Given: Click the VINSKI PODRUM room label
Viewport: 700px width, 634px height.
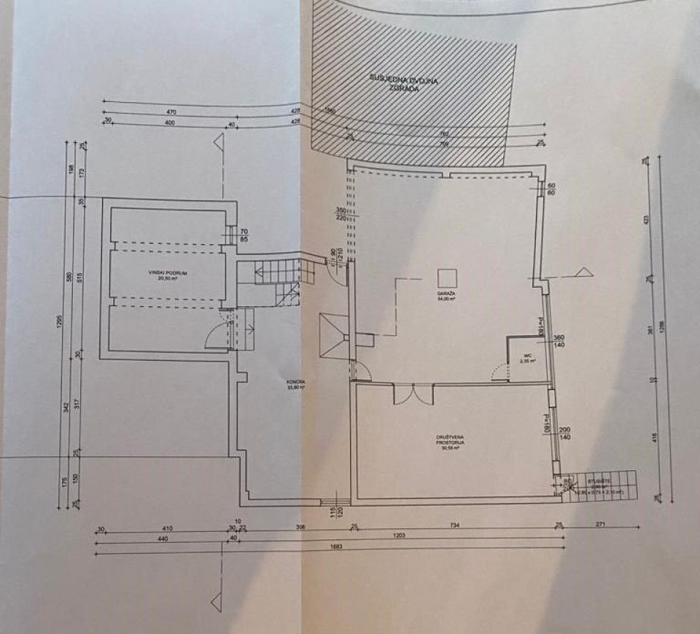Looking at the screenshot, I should pos(167,275).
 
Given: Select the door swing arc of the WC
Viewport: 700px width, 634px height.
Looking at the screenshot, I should pos(500,372).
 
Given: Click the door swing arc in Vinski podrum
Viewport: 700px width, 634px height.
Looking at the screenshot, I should pos(217,336).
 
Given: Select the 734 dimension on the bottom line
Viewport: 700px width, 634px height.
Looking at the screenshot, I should pos(454,525).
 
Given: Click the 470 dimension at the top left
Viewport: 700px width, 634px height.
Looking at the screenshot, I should pos(172,112).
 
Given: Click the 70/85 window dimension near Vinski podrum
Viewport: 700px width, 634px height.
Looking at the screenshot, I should pos(245,234).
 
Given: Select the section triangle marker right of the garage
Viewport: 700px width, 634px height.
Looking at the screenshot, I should pos(582,273).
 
